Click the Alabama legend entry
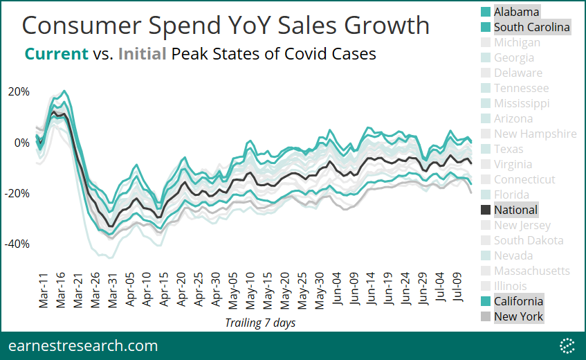pos(516,12)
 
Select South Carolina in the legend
pos(531,27)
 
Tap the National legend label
pos(515,210)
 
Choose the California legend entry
pos(518,301)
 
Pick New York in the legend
pos(518,316)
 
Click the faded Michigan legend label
pos(517,42)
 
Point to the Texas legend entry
pos(509,149)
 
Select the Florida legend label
pos(511,195)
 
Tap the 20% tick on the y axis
pos(19,92)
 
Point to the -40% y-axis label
pos(18,244)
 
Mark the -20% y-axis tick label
pos(18,193)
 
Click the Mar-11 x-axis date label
pos(43,290)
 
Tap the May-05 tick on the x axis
pos(233,290)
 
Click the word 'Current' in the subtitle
pos(56,53)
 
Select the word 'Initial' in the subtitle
pos(142,53)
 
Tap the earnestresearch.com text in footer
pos(83,345)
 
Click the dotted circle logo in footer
pos(567,345)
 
